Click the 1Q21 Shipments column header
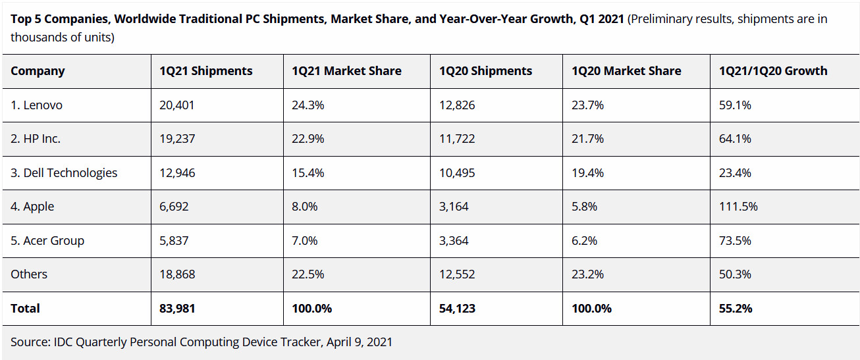(205, 71)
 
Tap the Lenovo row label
(36, 105)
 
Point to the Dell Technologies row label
(64, 173)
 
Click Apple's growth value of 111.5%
(738, 207)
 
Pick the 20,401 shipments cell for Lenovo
(177, 105)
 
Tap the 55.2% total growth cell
(736, 308)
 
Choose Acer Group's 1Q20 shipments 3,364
(454, 241)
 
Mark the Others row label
(29, 274)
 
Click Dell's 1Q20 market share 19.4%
(587, 173)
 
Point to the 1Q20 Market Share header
(626, 71)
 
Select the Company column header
(38, 71)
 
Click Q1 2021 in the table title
(602, 19)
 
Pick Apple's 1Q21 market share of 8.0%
(304, 207)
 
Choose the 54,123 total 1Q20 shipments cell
(457, 308)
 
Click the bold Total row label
(25, 308)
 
